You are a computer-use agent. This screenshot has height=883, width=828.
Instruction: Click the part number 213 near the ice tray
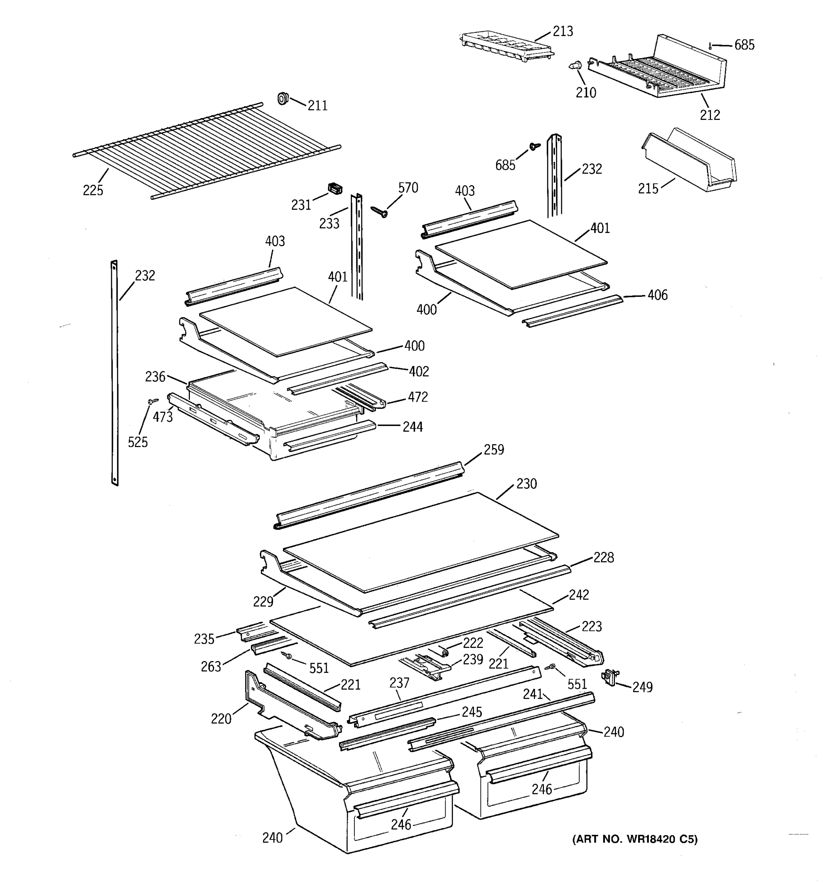coord(562,32)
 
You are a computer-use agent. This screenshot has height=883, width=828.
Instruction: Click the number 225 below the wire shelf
coord(93,190)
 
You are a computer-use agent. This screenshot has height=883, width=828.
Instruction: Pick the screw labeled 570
coord(379,212)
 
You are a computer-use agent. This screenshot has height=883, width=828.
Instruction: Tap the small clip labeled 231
coord(335,189)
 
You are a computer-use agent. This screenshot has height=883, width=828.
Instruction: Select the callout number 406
coord(657,295)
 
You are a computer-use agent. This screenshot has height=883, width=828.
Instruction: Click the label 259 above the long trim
coord(493,450)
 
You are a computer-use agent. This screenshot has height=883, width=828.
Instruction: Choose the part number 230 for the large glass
coord(526,484)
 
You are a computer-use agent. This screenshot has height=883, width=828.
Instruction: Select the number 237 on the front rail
coord(399,683)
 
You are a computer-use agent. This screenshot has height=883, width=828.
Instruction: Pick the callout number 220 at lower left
coord(221,718)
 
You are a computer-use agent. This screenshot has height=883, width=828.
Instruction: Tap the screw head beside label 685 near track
coord(535,146)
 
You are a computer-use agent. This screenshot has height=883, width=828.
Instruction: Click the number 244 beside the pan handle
coord(412,427)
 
